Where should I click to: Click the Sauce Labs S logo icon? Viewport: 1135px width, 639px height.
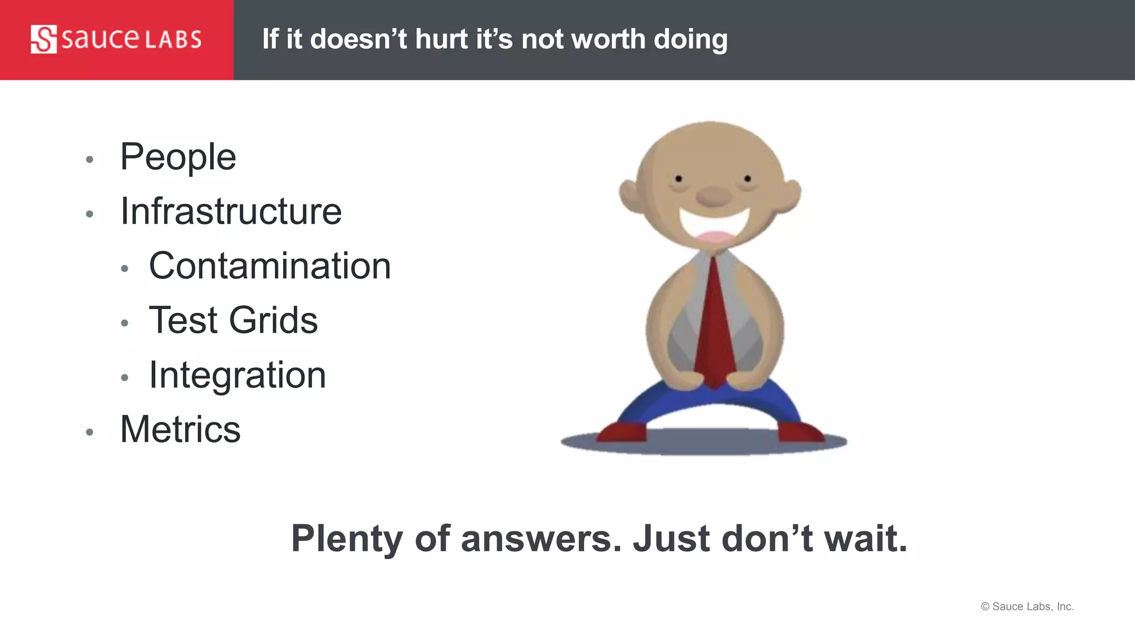click(x=44, y=39)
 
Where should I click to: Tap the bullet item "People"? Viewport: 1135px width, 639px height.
click(x=178, y=157)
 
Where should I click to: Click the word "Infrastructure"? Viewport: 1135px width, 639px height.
click(x=231, y=211)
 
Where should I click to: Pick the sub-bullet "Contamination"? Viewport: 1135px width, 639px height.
click(x=270, y=266)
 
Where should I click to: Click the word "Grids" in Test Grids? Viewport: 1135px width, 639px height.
click(x=273, y=320)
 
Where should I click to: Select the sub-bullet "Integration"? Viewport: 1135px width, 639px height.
click(x=237, y=375)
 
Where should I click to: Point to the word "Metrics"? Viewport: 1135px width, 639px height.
click(x=180, y=429)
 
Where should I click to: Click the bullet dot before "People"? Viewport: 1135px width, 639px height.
click(x=90, y=160)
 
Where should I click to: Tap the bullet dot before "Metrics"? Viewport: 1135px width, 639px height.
click(x=90, y=433)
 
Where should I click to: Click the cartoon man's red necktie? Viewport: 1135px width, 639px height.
click(x=715, y=327)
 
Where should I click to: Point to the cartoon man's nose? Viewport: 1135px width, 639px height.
click(x=713, y=196)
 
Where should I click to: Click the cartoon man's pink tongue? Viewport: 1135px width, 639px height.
click(x=715, y=237)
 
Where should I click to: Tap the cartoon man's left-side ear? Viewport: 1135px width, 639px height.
click(x=630, y=196)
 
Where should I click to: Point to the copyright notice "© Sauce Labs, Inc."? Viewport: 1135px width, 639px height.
click(x=1027, y=606)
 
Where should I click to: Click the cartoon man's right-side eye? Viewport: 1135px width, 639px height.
click(x=748, y=179)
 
